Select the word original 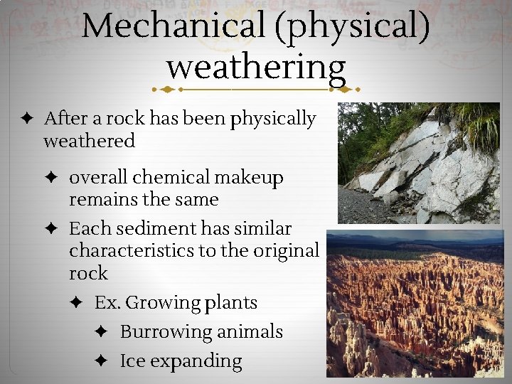coord(284,250)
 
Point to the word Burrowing coord(166,331)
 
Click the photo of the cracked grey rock coord(420,163)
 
